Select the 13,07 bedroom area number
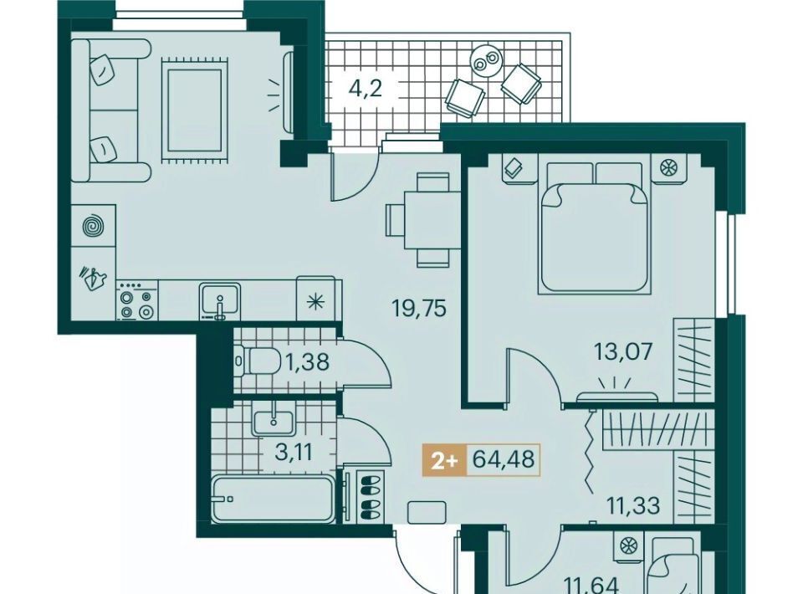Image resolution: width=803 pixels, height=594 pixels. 623,351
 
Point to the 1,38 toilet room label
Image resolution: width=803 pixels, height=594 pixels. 307,362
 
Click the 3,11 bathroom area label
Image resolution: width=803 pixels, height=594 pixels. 294,453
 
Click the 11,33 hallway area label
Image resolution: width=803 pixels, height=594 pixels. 633,506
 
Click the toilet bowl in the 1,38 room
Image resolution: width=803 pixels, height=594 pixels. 258,361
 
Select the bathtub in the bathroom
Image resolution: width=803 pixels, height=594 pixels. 272,499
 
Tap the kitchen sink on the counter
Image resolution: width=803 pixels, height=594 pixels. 220,301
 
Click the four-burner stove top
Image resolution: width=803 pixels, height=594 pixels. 136,303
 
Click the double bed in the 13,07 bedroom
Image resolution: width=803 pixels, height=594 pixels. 594,228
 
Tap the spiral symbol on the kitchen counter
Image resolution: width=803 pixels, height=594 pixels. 94,226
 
